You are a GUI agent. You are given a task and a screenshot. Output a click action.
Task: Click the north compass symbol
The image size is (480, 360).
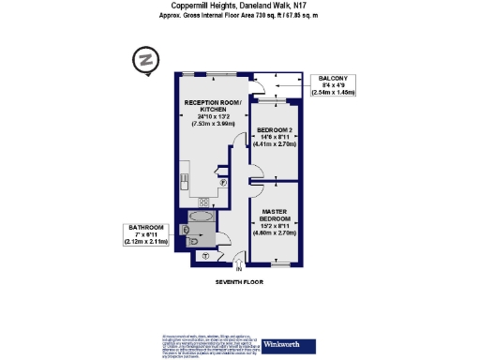(x=143, y=60)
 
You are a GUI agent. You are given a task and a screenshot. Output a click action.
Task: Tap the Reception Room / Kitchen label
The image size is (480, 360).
(x=213, y=106)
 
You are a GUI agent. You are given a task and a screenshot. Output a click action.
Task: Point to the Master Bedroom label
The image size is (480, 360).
(x=275, y=215)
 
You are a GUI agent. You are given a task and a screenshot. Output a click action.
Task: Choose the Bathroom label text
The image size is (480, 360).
(x=146, y=228)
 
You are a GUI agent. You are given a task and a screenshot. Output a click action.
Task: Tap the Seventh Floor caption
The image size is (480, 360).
(x=239, y=281)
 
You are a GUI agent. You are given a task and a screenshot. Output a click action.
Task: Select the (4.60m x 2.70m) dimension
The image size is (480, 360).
(x=275, y=233)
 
